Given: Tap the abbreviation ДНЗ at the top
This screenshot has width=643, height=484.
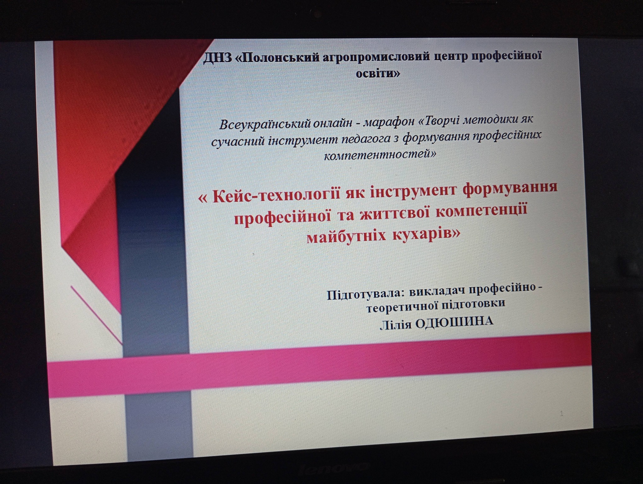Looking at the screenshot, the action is [217, 58].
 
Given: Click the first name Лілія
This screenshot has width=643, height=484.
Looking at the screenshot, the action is [396, 324].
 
